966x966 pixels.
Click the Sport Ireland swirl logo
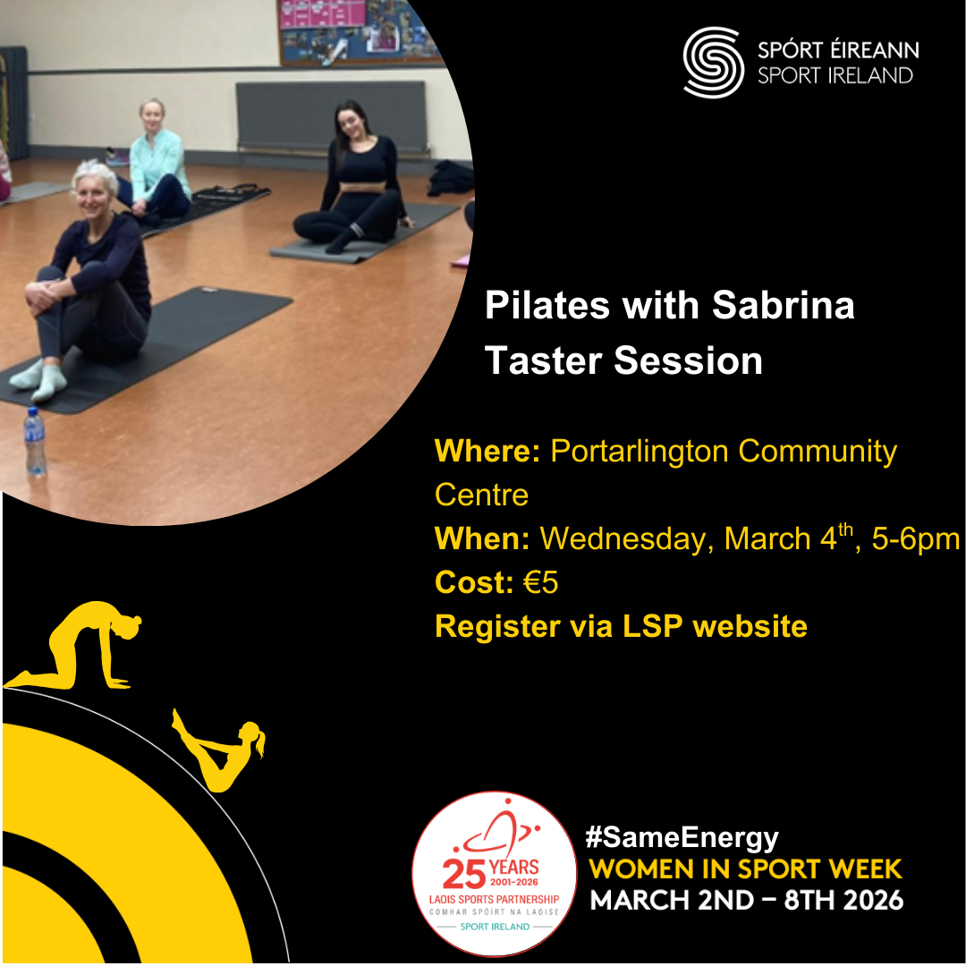pos(713,63)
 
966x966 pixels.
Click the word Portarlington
pos(640,452)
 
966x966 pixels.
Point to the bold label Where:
pos(487,451)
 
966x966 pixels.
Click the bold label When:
pos(482,538)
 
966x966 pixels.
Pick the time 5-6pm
pos(916,539)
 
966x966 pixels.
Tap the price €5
pos(541,582)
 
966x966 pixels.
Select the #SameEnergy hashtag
pos(682,837)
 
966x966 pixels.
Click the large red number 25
pos(464,873)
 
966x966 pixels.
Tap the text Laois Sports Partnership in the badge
pos(494,900)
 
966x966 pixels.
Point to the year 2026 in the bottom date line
pos(873,900)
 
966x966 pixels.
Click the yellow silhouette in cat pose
pos(74,645)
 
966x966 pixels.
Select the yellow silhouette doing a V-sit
pos(220,750)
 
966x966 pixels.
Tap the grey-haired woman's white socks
pos(40,377)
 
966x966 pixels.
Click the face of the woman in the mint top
pos(151,116)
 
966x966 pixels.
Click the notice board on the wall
pos(360,30)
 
